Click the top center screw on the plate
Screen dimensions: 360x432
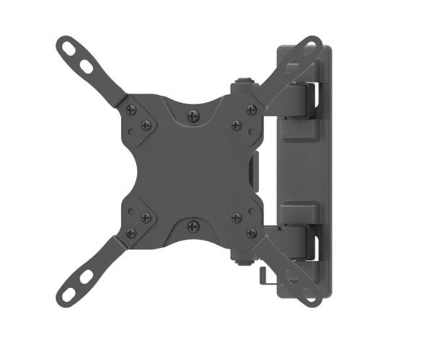coord(192,115)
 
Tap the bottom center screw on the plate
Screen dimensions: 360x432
coord(192,226)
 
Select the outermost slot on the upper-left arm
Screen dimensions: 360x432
coord(71,49)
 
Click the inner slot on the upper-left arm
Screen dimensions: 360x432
coord(87,66)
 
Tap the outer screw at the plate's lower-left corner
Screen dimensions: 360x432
coord(132,232)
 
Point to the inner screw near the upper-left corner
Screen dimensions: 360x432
coord(146,125)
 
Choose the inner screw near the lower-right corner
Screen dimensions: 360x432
coord(236,217)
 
